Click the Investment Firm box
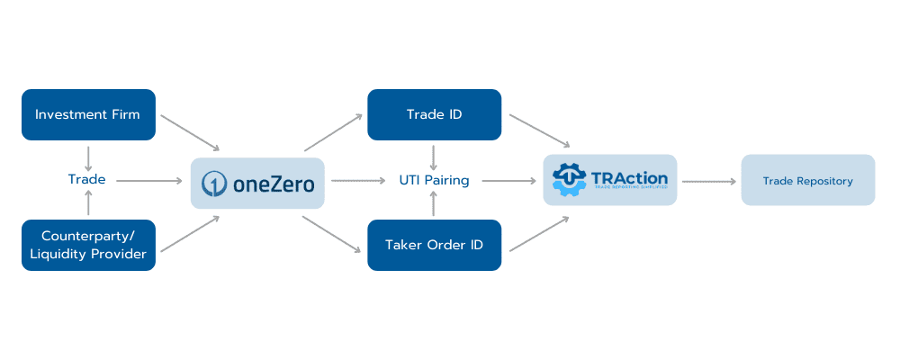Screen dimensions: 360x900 click(88, 114)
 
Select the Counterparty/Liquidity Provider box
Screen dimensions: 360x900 click(88, 245)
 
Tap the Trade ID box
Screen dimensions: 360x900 click(434, 114)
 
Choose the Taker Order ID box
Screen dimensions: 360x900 click(434, 245)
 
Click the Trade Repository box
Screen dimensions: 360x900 click(807, 180)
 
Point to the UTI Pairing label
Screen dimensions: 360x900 click(434, 180)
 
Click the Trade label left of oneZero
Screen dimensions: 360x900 click(87, 179)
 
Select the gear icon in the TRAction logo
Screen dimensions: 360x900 click(569, 179)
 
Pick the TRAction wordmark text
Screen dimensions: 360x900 click(629, 177)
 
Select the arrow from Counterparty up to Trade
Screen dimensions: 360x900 click(87, 204)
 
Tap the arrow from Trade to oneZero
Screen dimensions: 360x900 click(148, 180)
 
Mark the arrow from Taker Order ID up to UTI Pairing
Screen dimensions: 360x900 click(434, 204)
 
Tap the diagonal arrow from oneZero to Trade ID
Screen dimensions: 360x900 click(333, 132)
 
